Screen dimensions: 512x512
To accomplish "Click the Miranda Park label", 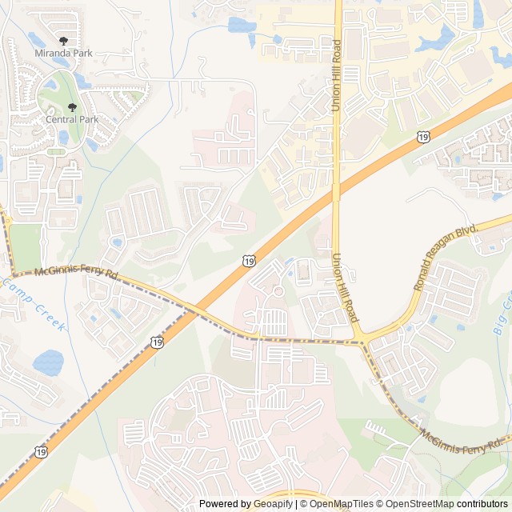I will (63, 53).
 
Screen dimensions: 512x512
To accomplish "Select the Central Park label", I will (72, 119).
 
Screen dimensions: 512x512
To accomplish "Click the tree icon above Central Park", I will (72, 107).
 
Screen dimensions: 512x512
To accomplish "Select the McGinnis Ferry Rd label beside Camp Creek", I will (76, 274).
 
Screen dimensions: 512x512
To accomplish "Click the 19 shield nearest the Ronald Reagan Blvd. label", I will (422, 138).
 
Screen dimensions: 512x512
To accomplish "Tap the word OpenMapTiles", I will (342, 504).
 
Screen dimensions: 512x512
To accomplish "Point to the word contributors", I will (482, 504).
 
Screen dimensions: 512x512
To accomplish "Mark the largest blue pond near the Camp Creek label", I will (47, 362).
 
